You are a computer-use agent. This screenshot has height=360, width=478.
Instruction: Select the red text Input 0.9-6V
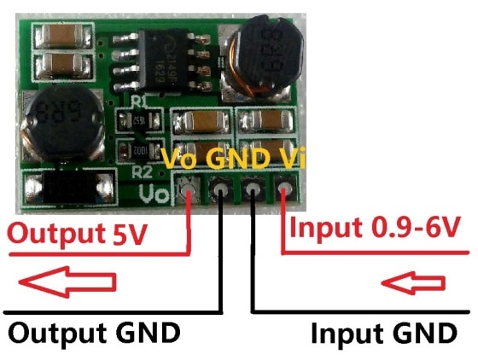tap(376, 227)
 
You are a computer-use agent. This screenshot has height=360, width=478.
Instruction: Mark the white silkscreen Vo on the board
tap(155, 192)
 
